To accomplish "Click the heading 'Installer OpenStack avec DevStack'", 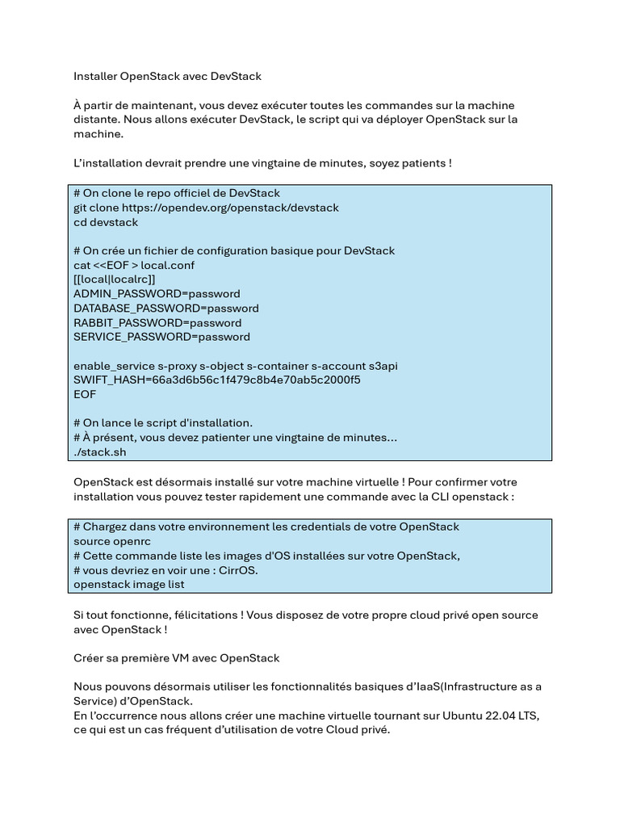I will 167,76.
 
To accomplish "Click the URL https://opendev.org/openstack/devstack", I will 230,208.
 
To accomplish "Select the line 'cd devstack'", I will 106,222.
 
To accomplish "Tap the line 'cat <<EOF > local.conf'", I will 134,265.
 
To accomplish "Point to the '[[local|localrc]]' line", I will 114,279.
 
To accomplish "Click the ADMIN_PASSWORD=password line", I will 157,294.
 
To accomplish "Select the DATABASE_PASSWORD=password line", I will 166,309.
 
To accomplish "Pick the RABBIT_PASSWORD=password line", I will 157,323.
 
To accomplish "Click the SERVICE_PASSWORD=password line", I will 161,337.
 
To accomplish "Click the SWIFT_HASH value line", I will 216,380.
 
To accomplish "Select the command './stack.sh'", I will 100,452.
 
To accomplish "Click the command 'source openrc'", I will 112,541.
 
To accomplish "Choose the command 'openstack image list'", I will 129,584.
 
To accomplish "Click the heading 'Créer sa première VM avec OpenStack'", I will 176,658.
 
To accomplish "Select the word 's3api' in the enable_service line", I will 380,366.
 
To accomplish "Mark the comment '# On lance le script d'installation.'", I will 163,422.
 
